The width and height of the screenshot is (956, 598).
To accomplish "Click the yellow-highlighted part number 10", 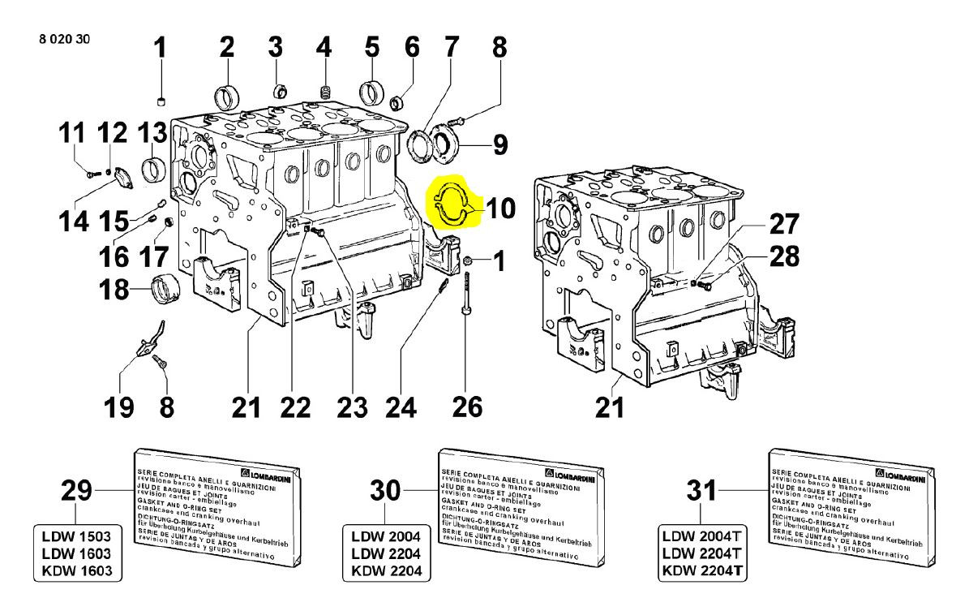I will [500, 209].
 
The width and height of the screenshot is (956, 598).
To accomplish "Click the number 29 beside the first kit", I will [76, 491].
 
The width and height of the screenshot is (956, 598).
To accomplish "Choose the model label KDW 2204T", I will [702, 570].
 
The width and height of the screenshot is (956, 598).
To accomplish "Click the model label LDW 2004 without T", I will [385, 538].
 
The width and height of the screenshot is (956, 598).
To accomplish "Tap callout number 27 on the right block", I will [782, 223].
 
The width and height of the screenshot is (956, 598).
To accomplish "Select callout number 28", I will [782, 256].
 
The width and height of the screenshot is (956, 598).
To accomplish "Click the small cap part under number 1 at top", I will [161, 101].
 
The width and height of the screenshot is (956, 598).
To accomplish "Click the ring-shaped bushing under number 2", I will [226, 96].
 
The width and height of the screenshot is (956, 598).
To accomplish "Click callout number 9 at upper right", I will [499, 145].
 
